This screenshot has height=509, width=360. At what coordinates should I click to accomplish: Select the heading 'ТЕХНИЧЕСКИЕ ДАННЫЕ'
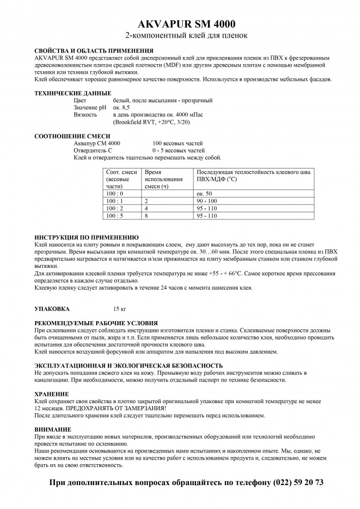pos(72,94)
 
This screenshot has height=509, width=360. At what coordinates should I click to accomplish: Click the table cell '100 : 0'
pos(115,194)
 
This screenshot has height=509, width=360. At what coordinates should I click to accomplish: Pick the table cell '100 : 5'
pos(115,216)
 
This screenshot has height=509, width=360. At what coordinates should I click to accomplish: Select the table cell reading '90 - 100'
pos(207,202)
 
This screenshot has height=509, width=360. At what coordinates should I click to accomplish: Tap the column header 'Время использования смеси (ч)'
pos(163,180)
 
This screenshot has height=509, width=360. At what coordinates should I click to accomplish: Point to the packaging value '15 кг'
pos(119,308)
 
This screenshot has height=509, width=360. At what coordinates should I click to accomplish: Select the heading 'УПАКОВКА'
pos(52,308)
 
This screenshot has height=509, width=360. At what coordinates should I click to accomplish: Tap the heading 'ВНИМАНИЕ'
pos(52,430)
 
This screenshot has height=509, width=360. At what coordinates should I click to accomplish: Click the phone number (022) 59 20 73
pos(298,482)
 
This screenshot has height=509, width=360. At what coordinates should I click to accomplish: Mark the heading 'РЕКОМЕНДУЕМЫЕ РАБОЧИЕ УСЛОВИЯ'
pos(96,323)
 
